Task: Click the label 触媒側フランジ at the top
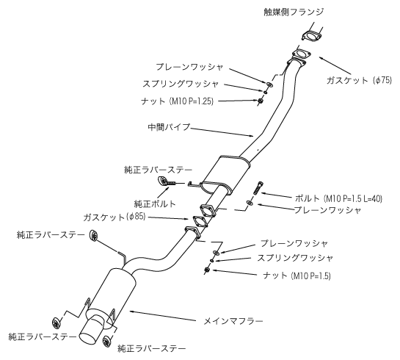point(294,12)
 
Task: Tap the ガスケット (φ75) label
point(359,80)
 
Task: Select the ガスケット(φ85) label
point(114,217)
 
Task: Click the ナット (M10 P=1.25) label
point(177,101)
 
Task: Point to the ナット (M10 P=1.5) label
point(297,276)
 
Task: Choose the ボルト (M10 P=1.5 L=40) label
point(338,198)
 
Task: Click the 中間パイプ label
point(169,127)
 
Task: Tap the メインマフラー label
point(233,321)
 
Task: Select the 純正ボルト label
point(155,204)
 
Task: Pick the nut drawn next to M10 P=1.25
point(261,101)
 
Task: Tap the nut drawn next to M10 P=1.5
point(207,270)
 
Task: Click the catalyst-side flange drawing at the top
point(312,36)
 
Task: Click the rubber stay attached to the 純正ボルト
point(162,181)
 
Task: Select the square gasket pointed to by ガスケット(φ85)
point(199,221)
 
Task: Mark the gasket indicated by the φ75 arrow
point(301,55)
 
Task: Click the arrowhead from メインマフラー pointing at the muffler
point(132,311)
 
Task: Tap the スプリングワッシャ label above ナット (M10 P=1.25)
point(181,84)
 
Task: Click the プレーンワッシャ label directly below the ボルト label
point(328,210)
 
